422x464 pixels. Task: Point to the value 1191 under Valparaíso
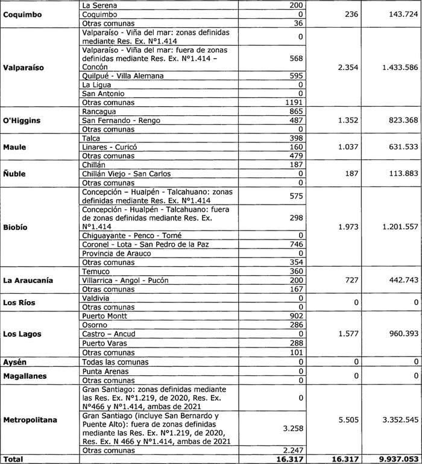pyautogui.click(x=292, y=103)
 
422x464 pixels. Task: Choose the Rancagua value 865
pyautogui.click(x=295, y=112)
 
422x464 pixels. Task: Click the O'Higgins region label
pyautogui.click(x=22, y=121)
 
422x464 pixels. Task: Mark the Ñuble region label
pyautogui.click(x=16, y=174)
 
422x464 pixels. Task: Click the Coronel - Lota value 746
pyautogui.click(x=295, y=244)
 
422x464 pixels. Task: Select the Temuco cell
pyautogui.click(x=95, y=272)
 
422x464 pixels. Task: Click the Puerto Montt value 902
pyautogui.click(x=295, y=316)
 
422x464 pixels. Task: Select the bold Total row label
pyautogui.click(x=13, y=459)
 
